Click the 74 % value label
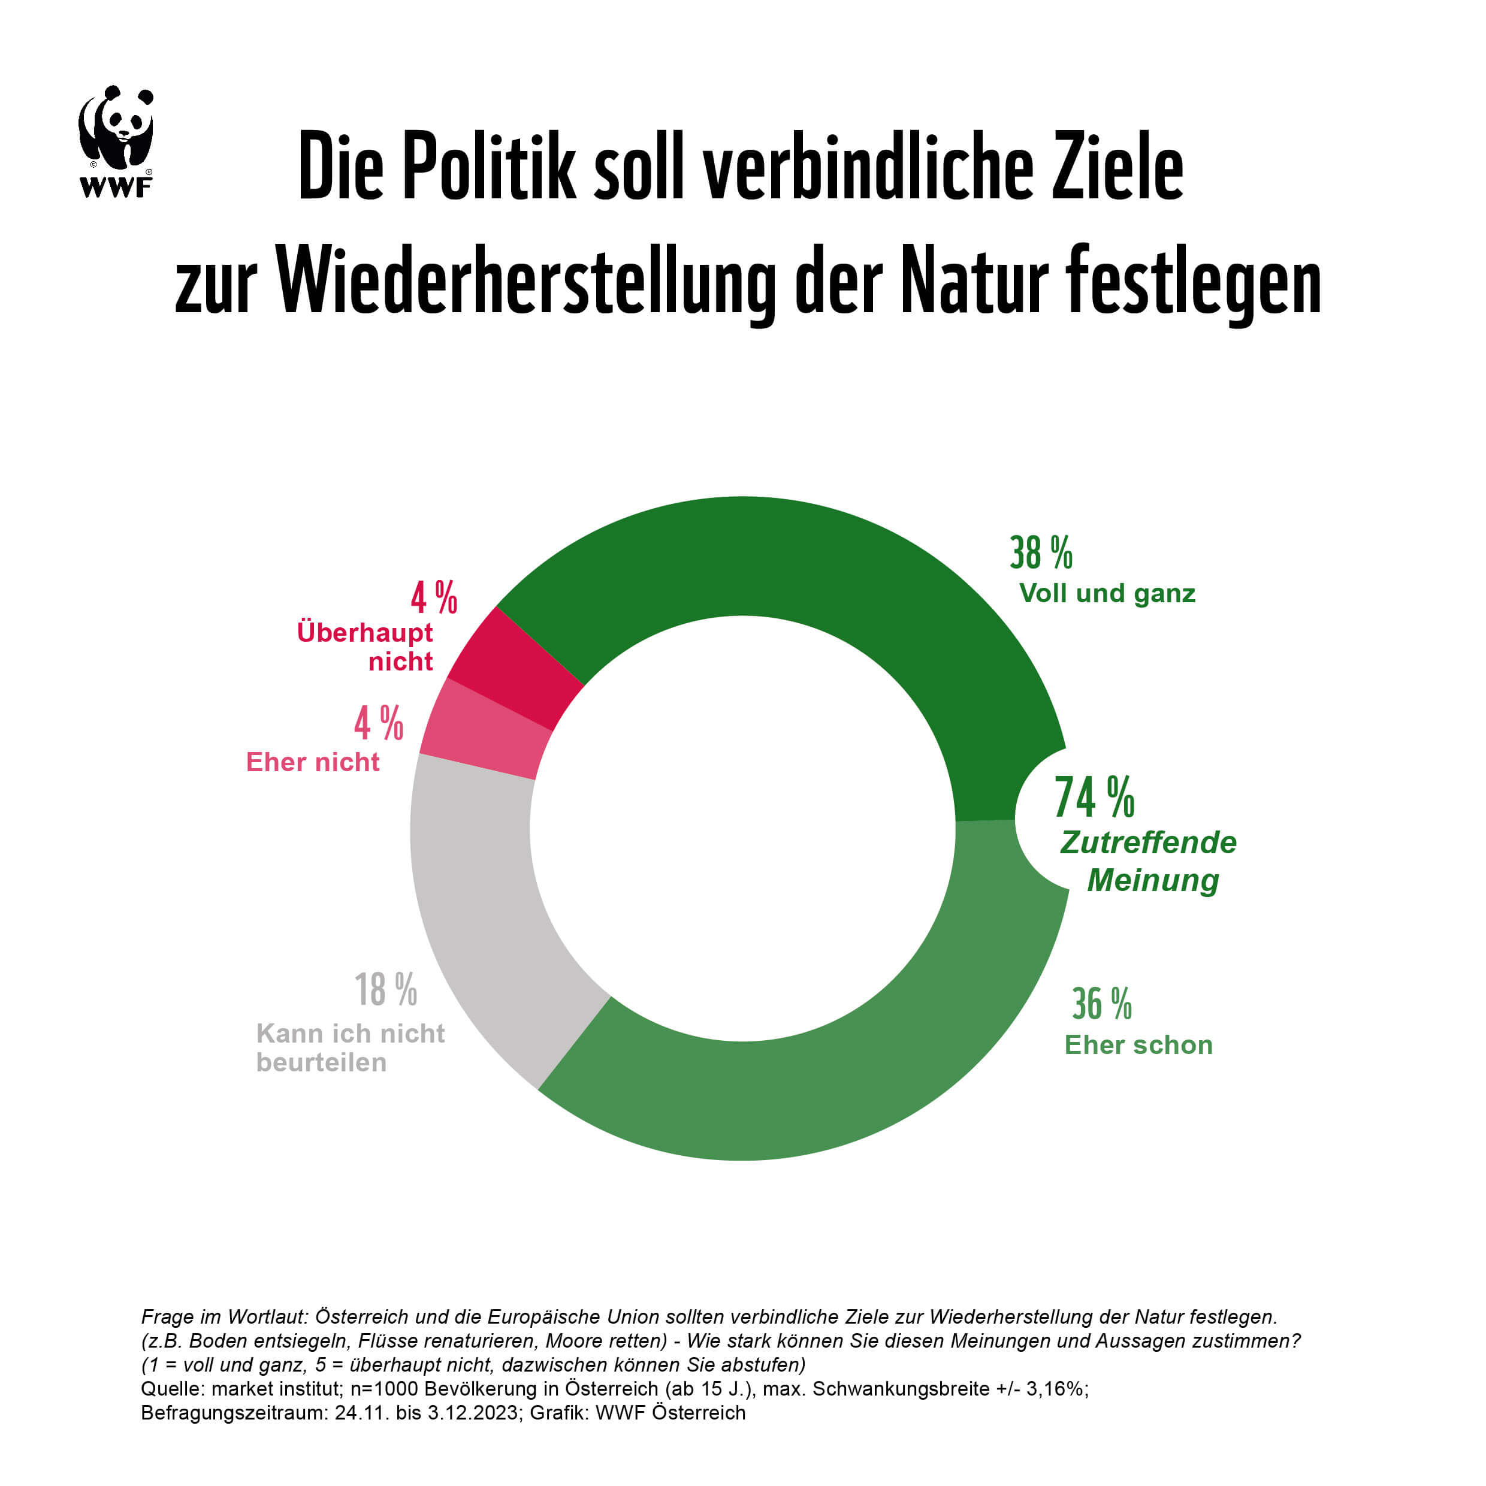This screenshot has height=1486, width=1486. pos(1094,798)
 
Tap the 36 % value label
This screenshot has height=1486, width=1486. pos(1101,1004)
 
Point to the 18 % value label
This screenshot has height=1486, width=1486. pos(385,990)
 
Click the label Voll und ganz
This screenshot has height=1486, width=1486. pos(1107,594)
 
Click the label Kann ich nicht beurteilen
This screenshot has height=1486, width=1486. pos(350,1047)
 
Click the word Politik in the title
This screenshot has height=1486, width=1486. pos(488,167)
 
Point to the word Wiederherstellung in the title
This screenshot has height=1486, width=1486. pos(525,282)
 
